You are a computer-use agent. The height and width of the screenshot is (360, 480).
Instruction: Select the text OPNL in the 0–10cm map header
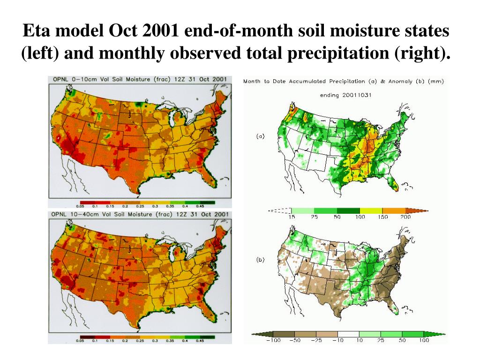[x=61, y=80]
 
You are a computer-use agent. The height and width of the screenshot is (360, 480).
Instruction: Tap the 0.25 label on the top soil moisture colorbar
[x=140, y=206]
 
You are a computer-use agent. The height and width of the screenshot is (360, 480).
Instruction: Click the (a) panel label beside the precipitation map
[x=261, y=136]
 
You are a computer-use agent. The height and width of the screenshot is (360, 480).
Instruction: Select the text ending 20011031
[x=345, y=95]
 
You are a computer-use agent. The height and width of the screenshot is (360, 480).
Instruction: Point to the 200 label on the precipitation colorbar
[x=406, y=217]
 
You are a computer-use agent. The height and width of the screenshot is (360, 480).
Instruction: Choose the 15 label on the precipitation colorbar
[x=291, y=217]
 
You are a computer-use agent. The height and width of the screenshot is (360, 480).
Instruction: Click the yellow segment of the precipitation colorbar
[x=371, y=211]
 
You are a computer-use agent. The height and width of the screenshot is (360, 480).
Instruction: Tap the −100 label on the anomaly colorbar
[x=273, y=341]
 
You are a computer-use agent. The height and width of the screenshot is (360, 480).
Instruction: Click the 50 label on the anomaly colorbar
[x=402, y=341]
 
